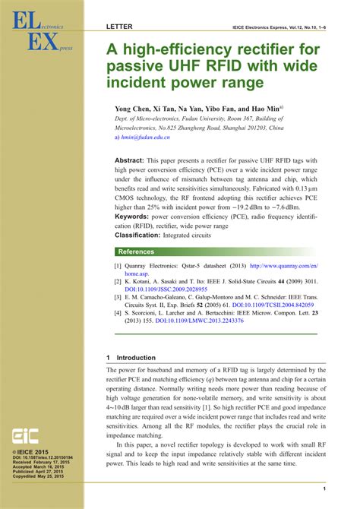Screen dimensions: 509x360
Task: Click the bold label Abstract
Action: coord(129,162)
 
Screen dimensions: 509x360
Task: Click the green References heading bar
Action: coord(221,251)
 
